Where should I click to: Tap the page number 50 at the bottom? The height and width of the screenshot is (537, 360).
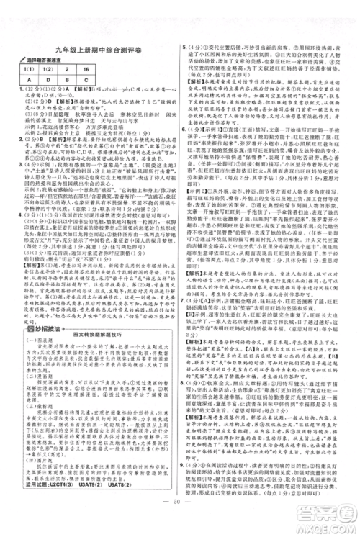180,520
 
